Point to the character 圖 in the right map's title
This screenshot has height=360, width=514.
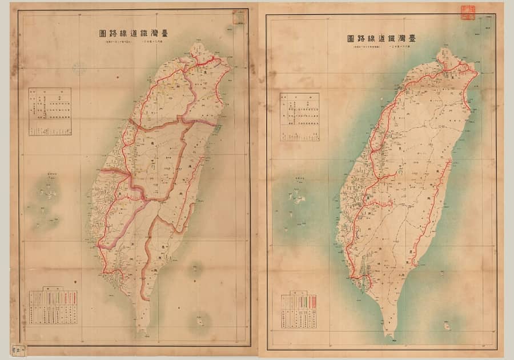350,39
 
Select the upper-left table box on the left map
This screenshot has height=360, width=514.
50,111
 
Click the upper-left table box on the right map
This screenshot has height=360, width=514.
299,117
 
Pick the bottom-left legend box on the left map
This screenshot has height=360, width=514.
53,307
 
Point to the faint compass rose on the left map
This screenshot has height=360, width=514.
79,70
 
